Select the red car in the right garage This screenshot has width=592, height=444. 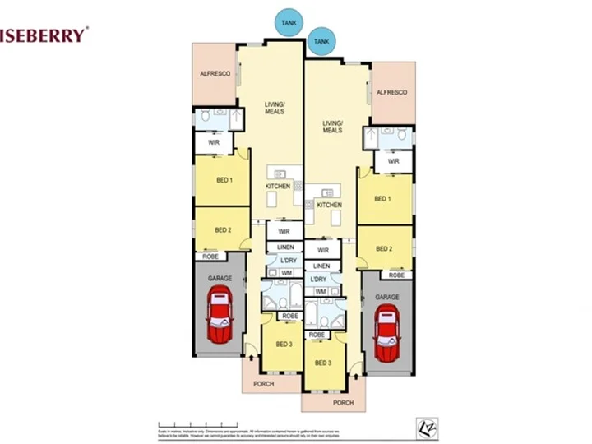click(386, 333)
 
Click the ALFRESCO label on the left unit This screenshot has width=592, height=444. click(213, 73)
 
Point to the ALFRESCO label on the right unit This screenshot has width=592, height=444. click(391, 93)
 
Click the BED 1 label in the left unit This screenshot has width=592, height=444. click(224, 179)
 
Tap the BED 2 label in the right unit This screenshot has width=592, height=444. click(384, 248)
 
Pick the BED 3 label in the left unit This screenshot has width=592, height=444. click(283, 344)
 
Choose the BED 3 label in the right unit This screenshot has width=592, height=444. click(322, 363)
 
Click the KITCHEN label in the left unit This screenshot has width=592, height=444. click(277, 187)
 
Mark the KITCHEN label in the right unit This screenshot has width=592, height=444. click(329, 204)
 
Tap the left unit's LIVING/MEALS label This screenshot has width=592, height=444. click(274, 108)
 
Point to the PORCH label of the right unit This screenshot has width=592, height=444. click(342, 403)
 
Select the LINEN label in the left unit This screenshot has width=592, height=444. click(284, 247)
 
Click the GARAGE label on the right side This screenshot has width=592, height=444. click(387, 297)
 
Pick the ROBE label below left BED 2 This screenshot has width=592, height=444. click(210, 257)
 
